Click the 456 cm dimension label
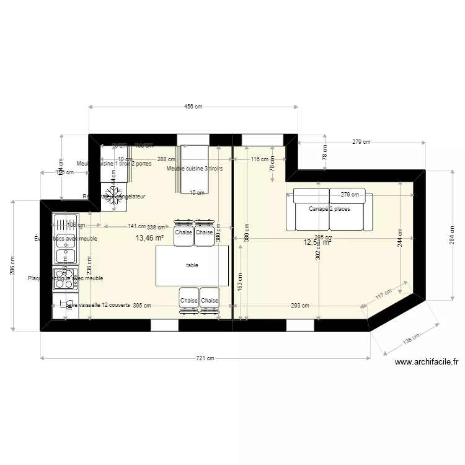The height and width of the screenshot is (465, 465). (x=194, y=107)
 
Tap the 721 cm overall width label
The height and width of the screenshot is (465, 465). (x=205, y=358)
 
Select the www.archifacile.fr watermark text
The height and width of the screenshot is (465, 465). (x=426, y=363)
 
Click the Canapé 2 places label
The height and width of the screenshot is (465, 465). (x=329, y=209)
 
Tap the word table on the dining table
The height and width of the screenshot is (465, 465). (x=192, y=265)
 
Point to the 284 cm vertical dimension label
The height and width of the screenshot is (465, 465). (x=453, y=235)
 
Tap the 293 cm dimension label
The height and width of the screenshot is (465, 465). (x=300, y=306)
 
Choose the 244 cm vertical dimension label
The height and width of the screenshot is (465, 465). (x=401, y=237)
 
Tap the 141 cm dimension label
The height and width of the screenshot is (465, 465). (x=136, y=227)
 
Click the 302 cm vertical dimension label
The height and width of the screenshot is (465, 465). (x=317, y=249)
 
